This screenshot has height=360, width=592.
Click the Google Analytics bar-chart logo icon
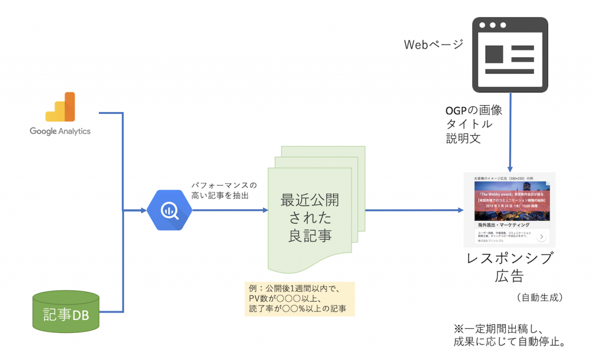click(x=60, y=107)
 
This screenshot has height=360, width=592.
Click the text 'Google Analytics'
click(x=60, y=131)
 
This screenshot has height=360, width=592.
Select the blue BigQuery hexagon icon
click(x=169, y=210)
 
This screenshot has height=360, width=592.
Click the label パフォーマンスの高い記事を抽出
click(x=224, y=191)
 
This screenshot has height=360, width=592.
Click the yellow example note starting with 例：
click(x=299, y=299)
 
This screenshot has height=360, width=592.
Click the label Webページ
click(x=432, y=44)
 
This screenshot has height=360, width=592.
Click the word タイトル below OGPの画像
click(x=469, y=124)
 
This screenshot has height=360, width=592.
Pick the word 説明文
click(x=464, y=138)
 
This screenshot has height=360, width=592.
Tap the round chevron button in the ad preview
click(x=541, y=236)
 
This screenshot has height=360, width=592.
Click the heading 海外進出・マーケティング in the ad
click(x=503, y=224)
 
